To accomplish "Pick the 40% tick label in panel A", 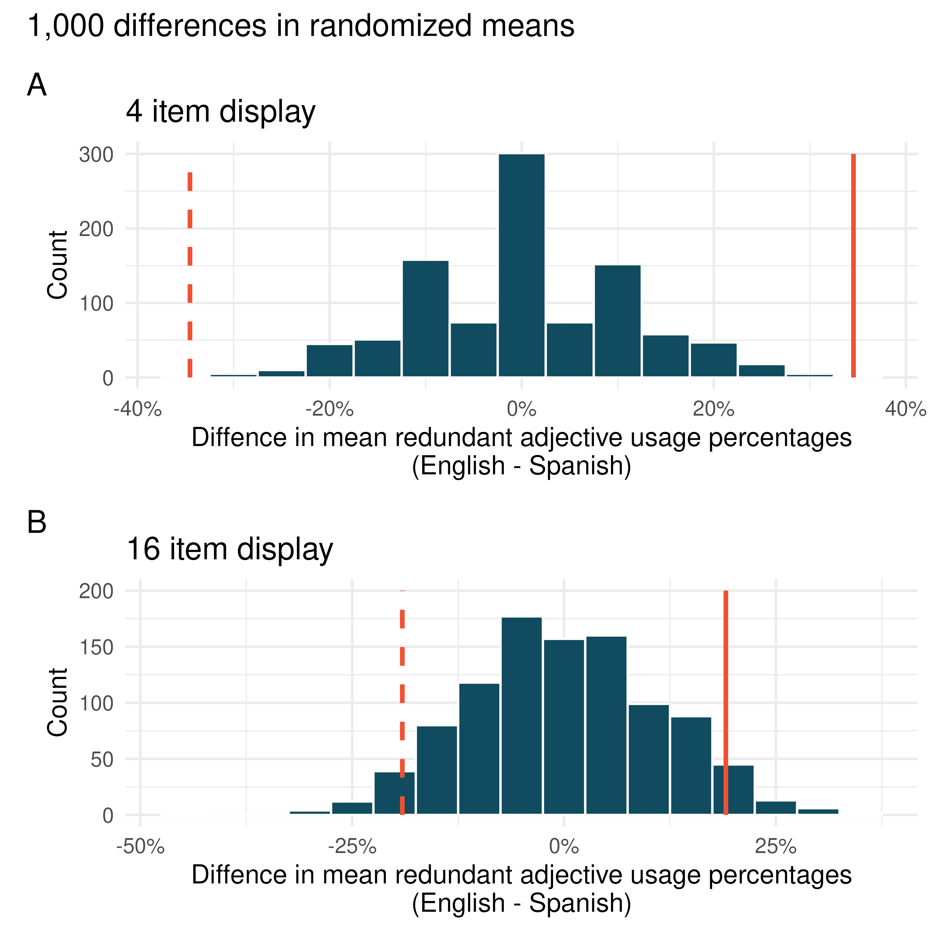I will click(x=905, y=409).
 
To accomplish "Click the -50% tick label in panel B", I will click(x=140, y=846).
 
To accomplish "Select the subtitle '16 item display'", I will click(x=230, y=549).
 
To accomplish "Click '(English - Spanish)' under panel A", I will click(x=521, y=466).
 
